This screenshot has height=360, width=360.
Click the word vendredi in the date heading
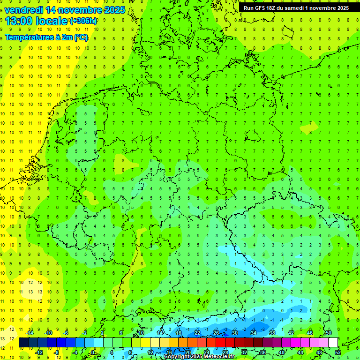click(24, 10)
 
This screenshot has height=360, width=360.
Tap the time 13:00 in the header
click(20, 21)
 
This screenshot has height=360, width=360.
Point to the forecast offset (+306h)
click(83, 21)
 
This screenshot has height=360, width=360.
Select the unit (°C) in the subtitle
click(81, 37)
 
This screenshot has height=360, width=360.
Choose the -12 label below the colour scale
click(39, 352)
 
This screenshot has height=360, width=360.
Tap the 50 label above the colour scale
click(329, 333)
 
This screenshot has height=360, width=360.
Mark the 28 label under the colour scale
click(225, 352)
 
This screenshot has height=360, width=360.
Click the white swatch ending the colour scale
click(333, 343)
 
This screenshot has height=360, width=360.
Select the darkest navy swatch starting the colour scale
click(23, 343)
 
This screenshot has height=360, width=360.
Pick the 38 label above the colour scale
click(272, 333)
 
